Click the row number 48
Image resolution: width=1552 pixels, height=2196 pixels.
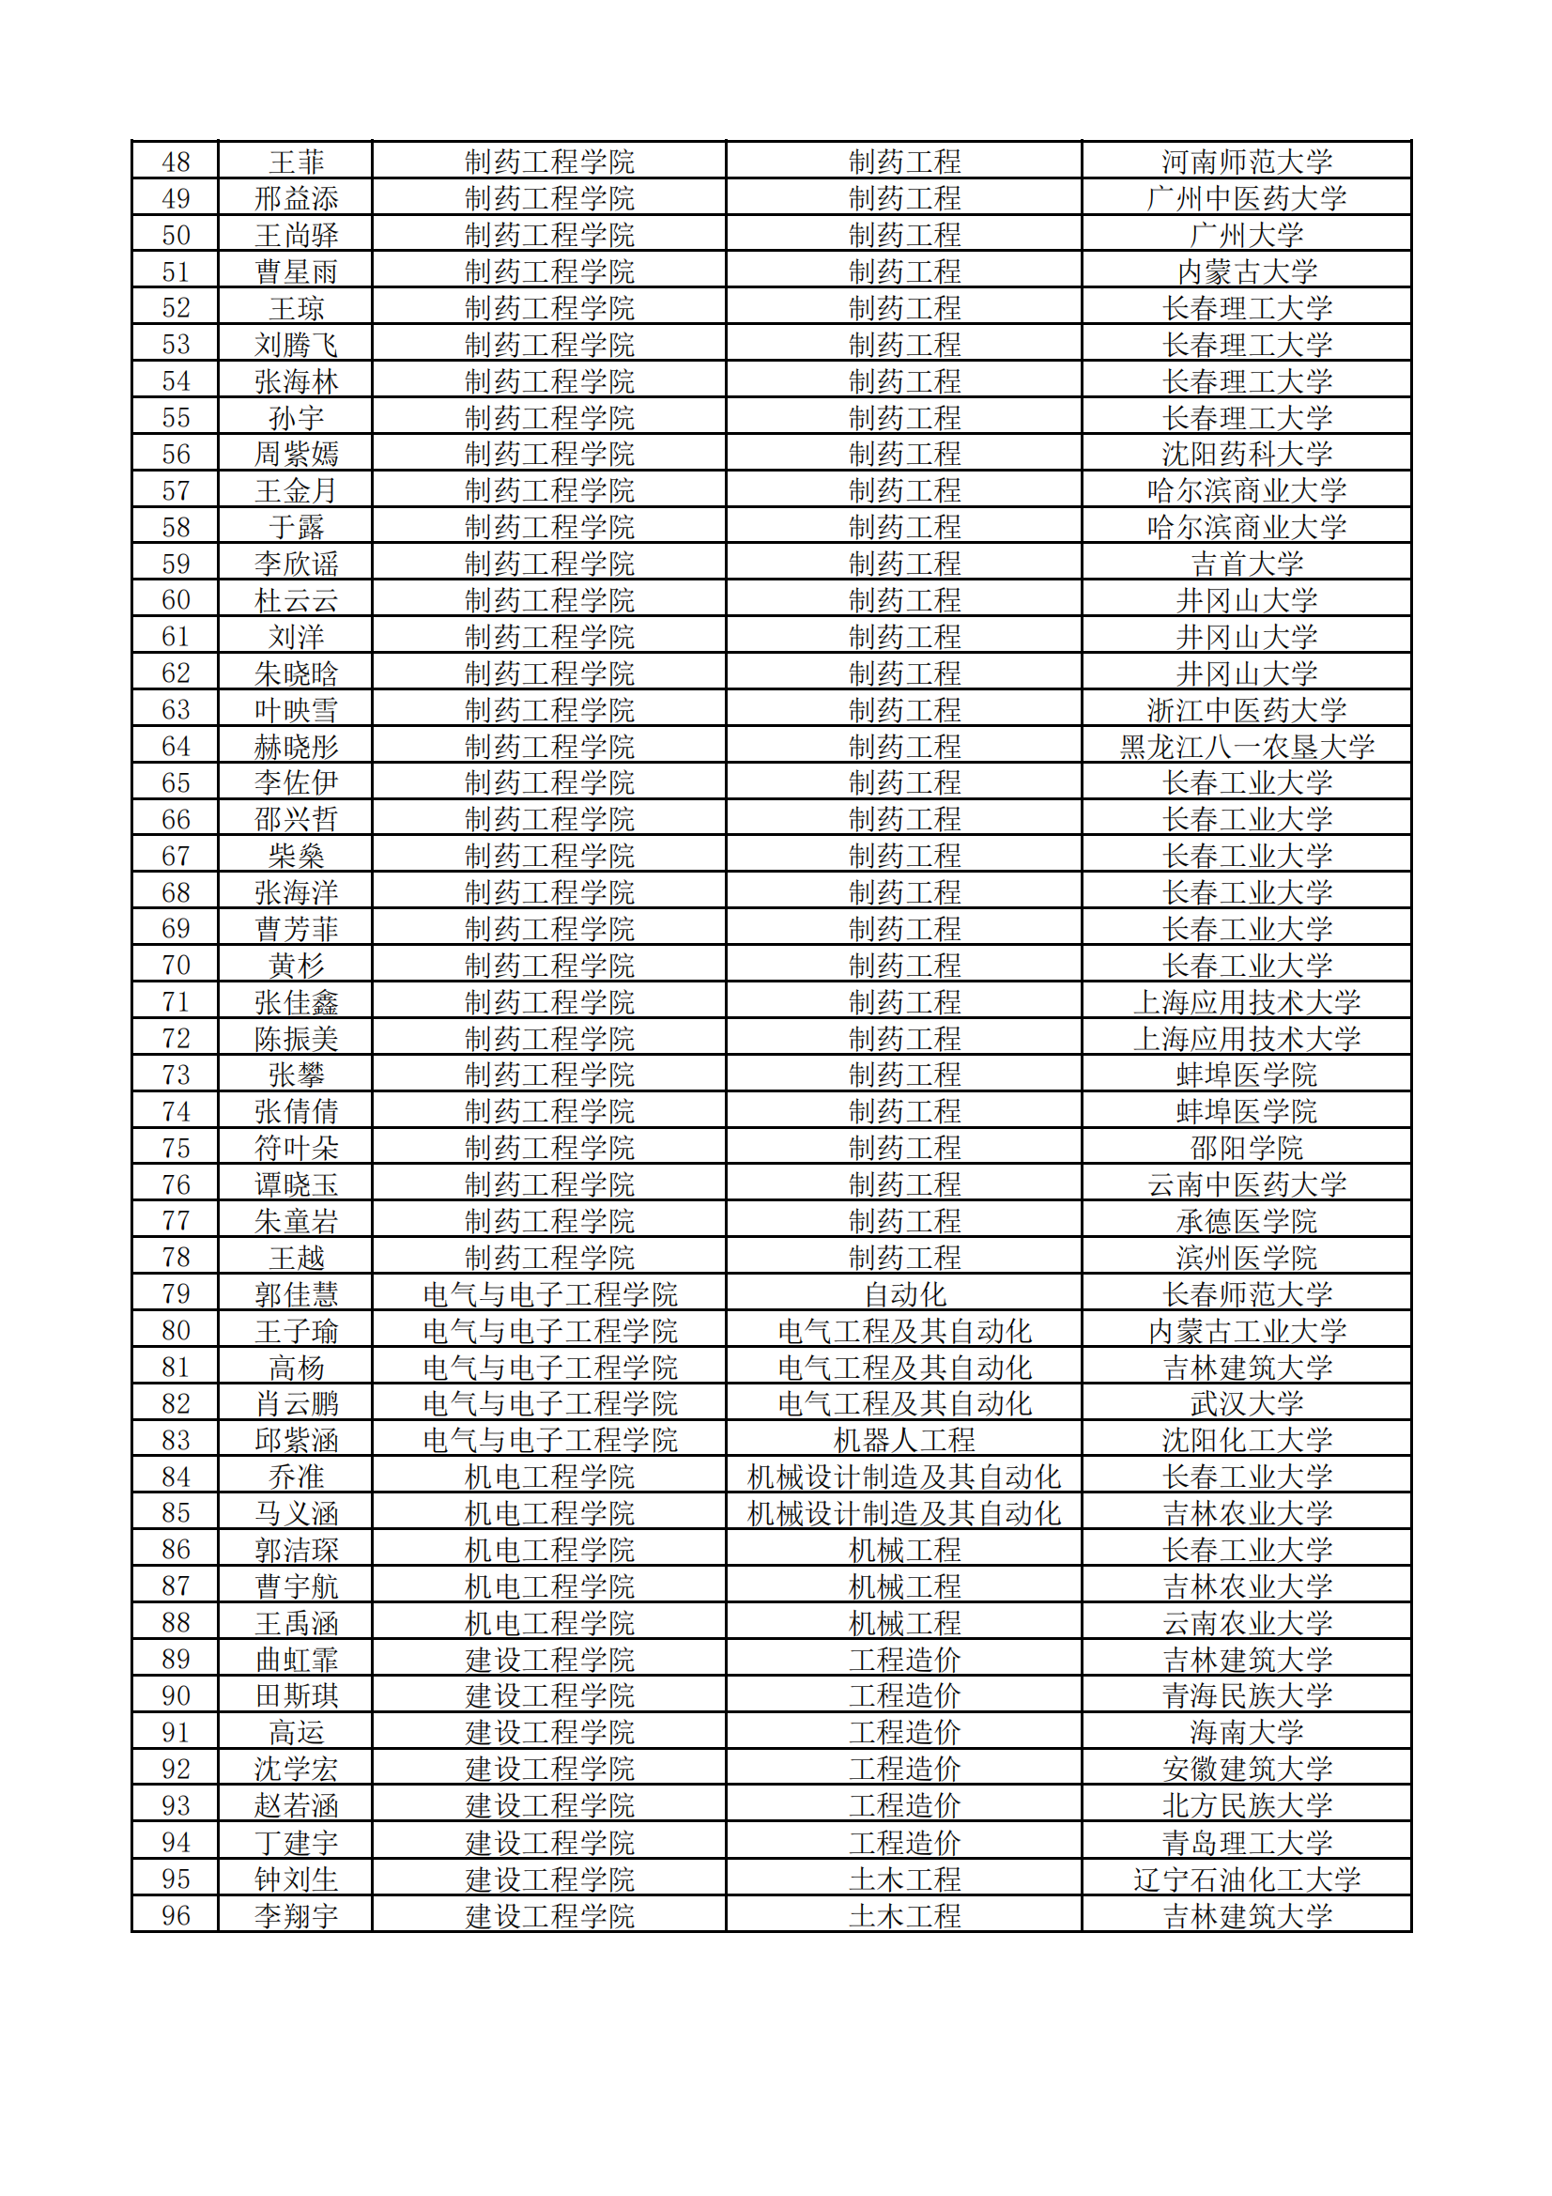176,162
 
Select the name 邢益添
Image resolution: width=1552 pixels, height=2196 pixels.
296,199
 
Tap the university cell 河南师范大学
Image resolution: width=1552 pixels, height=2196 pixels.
1246,162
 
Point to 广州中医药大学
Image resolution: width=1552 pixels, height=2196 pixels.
1246,199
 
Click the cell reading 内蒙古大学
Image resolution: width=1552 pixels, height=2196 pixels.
1246,271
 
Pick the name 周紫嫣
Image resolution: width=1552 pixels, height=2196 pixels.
296,455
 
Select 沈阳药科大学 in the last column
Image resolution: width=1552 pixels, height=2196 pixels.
1246,455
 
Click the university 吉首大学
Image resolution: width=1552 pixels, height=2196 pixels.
1246,564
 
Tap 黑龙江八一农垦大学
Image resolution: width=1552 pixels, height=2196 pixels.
1246,746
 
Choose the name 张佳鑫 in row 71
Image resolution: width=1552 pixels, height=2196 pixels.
296,1002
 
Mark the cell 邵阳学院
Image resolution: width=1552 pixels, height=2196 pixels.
1246,1148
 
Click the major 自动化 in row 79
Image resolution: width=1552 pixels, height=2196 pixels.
903,1294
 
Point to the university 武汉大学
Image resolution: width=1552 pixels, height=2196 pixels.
1246,1403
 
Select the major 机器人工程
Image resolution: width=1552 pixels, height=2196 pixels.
903,1440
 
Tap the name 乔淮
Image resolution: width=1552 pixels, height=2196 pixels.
296,1477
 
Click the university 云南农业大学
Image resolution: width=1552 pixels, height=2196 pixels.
1246,1623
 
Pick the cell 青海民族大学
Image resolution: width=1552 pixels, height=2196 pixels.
1246,1695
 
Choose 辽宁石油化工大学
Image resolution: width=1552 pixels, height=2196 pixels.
1246,1879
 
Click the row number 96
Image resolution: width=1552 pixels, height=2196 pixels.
176,1916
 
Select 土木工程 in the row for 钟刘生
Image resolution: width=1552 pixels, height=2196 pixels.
903,1879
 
